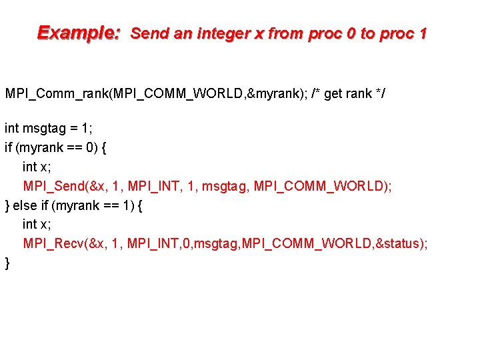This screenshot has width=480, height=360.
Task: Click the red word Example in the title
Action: tap(77, 33)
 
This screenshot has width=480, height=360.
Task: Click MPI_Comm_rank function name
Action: tap(59, 93)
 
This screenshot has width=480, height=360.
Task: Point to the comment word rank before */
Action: tap(356, 93)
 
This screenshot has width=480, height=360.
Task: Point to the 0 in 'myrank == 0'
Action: tap(90, 147)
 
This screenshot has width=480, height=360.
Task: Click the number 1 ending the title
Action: tap(422, 33)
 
